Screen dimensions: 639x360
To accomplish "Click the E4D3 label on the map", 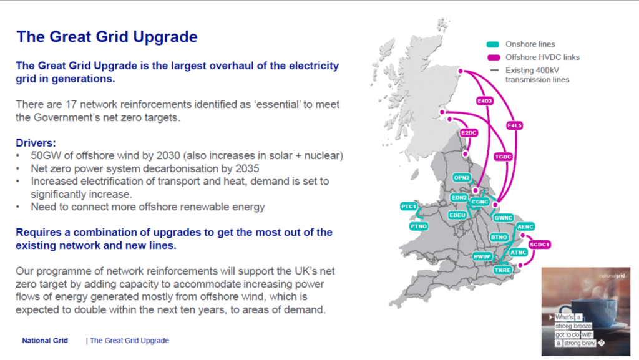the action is point(485,100).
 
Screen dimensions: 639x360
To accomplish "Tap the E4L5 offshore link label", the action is point(514,125).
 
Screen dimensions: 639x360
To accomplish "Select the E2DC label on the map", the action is point(469,133).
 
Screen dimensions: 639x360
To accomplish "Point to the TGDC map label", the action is point(503,157).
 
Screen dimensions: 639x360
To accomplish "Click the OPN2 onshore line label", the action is point(462,178).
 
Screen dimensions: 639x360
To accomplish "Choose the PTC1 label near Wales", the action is point(409,207).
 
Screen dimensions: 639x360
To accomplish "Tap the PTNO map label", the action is point(419,226).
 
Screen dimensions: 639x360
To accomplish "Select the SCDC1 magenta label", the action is point(540,245).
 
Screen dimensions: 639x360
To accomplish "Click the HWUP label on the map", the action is point(482,256).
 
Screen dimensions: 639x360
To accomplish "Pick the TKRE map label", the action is point(502,270).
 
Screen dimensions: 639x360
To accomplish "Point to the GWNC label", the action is point(504,218).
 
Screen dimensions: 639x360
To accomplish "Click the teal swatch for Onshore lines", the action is point(493,44).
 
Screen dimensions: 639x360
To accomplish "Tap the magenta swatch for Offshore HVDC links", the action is point(494,57).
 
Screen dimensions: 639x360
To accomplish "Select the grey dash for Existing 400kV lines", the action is point(494,70).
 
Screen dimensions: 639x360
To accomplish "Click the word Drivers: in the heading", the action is point(36,143).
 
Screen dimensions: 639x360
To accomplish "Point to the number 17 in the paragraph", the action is point(71,105).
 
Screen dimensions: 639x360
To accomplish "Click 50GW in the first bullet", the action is point(45,155).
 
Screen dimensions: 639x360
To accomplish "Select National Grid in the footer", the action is point(45,341).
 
